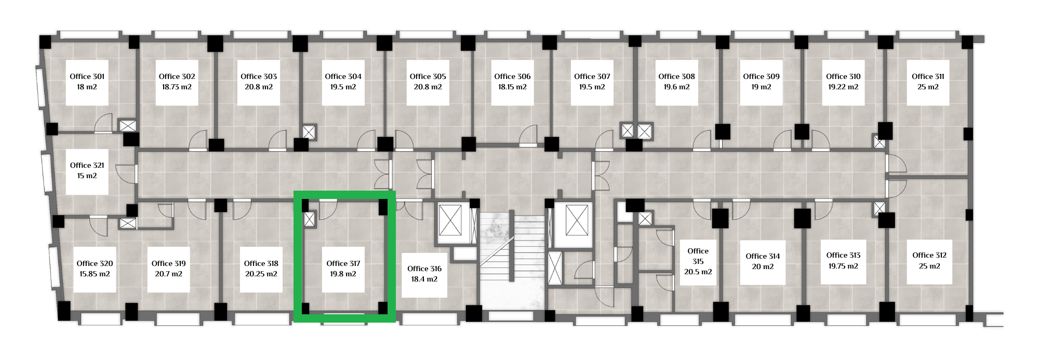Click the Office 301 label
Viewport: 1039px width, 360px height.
[87, 76]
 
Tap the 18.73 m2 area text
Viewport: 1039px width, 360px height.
[177, 87]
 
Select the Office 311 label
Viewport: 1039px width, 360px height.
[928, 76]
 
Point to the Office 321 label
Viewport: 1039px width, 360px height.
[87, 165]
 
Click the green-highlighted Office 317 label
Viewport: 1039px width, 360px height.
[343, 263]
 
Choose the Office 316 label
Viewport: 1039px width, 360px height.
[424, 269]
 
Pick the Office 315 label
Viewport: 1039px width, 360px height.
[698, 256]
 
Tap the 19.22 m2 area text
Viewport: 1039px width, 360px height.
[843, 87]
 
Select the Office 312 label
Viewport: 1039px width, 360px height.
[929, 255]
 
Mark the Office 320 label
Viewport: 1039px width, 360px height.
[95, 263]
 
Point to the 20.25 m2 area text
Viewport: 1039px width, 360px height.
[261, 274]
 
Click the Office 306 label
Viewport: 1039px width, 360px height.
[512, 76]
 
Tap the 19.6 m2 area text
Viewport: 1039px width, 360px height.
[676, 87]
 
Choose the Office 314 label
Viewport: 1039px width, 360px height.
[763, 256]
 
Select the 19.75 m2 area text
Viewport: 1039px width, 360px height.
[843, 266]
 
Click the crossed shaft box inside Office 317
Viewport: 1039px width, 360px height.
[310, 219]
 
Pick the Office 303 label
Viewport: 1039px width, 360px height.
[259, 76]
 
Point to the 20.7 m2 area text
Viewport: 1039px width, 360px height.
[168, 274]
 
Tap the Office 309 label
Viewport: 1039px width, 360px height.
[761, 76]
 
